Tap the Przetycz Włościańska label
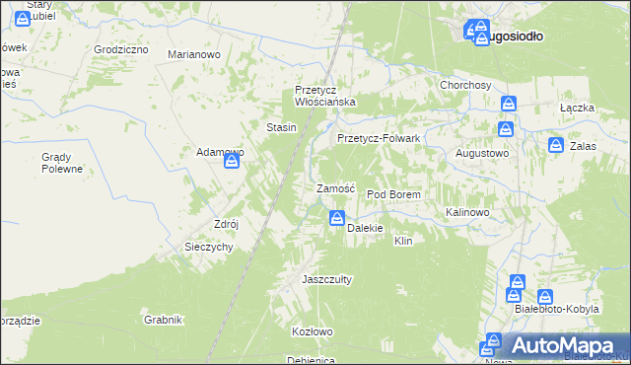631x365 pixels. click(x=324, y=96)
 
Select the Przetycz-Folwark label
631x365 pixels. click(x=379, y=139)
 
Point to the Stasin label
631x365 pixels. click(x=282, y=127)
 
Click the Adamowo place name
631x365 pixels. click(x=220, y=152)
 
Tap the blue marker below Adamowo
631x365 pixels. click(x=231, y=166)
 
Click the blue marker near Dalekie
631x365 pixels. click(x=337, y=219)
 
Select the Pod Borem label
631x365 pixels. click(x=393, y=195)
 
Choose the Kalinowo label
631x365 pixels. click(x=467, y=212)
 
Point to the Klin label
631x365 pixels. click(x=402, y=241)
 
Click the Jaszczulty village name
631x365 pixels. click(x=326, y=279)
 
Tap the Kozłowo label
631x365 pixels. click(x=312, y=331)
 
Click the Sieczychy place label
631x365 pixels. click(x=208, y=248)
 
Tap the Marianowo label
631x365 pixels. click(x=193, y=55)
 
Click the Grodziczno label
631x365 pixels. click(x=122, y=49)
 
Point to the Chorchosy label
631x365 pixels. click(x=465, y=86)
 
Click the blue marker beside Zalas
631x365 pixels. click(x=556, y=146)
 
